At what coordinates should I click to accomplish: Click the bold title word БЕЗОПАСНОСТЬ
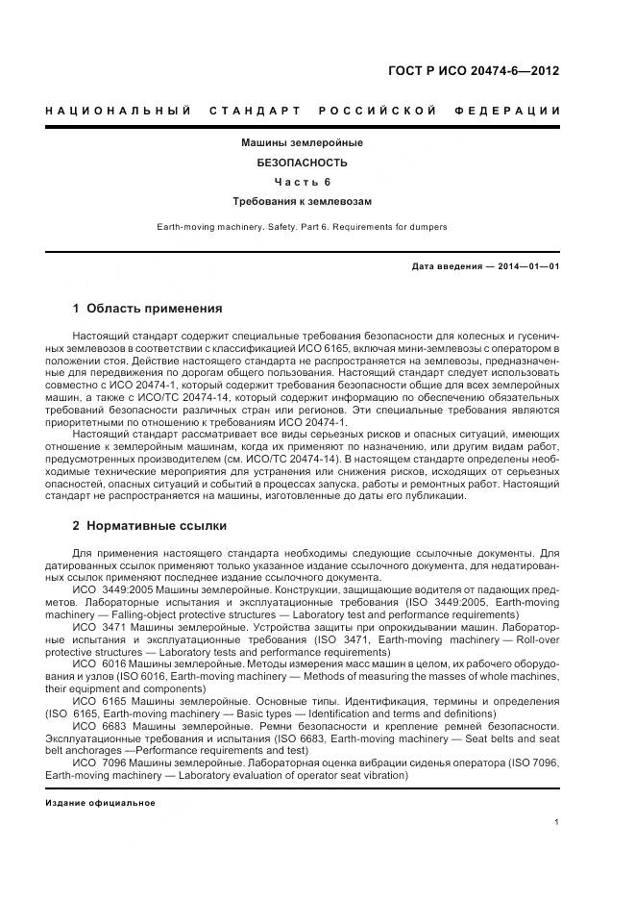[x=302, y=162]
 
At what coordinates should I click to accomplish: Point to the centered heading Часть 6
[x=302, y=182]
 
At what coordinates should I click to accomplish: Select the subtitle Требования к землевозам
[x=302, y=202]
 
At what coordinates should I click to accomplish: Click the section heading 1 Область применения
[x=147, y=309]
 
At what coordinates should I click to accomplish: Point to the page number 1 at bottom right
[x=557, y=822]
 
